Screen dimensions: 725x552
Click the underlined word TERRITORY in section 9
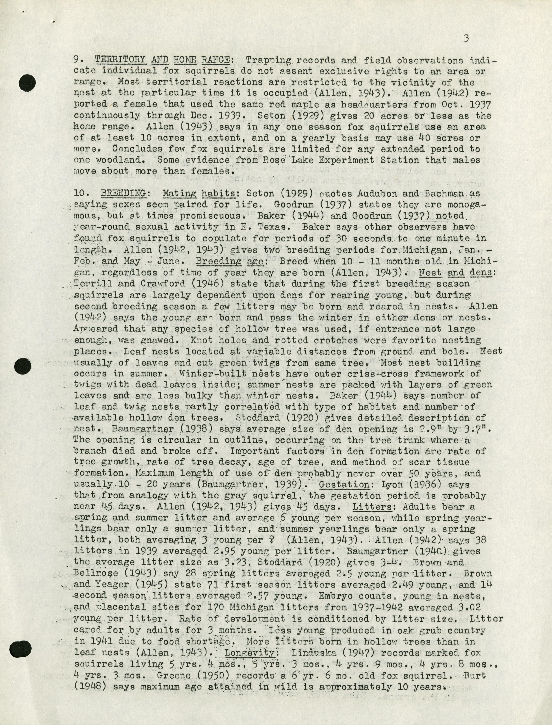click(x=120, y=60)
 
